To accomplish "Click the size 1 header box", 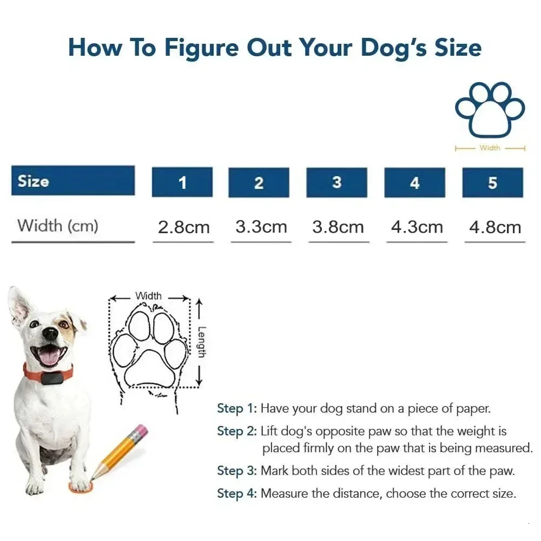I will point(182,182).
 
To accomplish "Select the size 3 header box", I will point(337,182).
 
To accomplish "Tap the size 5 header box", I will point(492,182).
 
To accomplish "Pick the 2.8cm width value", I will point(183,227).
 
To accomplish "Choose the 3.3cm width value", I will point(261,227).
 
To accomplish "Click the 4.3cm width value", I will point(417,227).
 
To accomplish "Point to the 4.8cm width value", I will point(494,227).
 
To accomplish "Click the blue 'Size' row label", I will point(73,181).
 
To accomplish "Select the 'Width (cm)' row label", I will point(58,225).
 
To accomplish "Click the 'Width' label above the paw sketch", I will point(148,296).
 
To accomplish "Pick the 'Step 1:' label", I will point(237,408).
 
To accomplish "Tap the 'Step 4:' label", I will point(237,493).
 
